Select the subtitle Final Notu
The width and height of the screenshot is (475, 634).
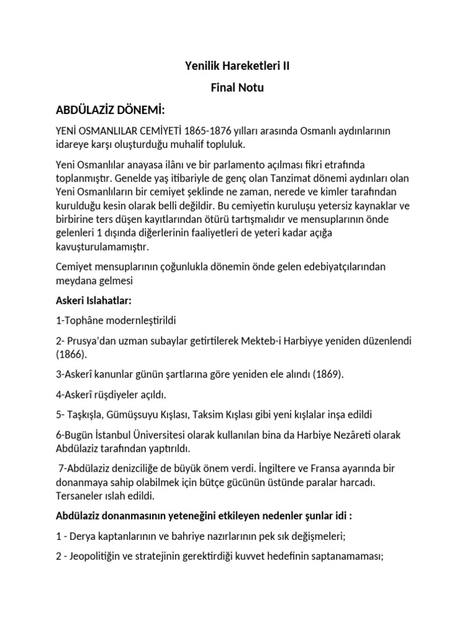237,87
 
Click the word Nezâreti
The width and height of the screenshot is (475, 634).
353,435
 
